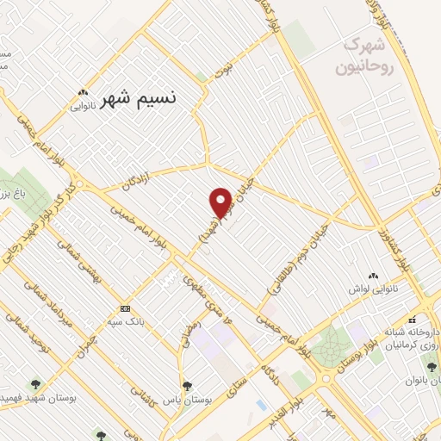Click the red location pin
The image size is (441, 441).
point(220,202)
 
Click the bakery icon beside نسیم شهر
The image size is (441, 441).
point(83,92)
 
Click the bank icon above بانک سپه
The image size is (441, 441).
point(126,308)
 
